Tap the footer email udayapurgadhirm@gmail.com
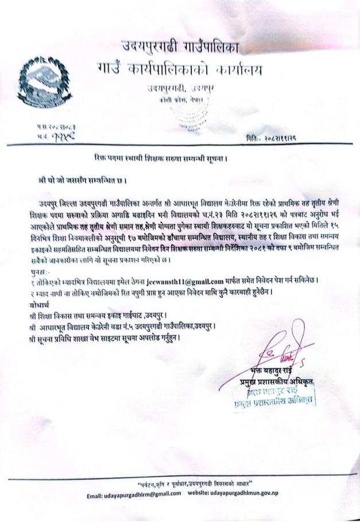(x=132, y=494)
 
